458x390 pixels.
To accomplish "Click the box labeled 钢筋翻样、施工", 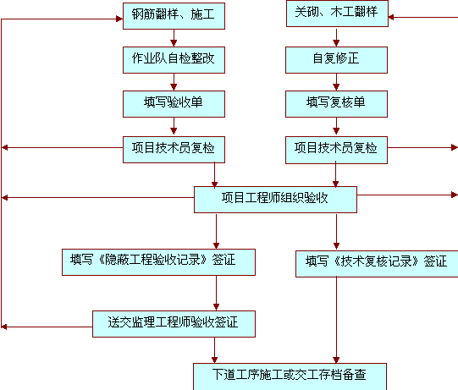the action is (x=174, y=16).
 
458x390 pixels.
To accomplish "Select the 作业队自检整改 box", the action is (x=174, y=60).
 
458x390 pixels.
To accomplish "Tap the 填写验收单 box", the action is (x=174, y=104).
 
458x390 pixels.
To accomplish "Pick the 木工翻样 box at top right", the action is (x=337, y=14).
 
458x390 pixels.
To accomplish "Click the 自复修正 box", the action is (x=336, y=60).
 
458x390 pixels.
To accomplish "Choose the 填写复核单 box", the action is (x=336, y=104).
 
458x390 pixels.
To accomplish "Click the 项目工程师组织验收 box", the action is (x=275, y=200).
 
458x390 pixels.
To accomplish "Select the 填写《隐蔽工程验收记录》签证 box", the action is (x=158, y=262).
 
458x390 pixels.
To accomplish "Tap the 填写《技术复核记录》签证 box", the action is (x=377, y=264).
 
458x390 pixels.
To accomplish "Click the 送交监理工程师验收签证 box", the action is (x=174, y=324).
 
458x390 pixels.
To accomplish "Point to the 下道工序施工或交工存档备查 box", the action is (x=290, y=376).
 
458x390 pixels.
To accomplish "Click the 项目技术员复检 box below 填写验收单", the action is (x=174, y=150).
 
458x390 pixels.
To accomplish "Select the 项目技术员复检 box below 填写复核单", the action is (x=336, y=150).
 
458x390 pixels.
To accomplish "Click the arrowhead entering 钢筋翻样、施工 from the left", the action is (x=119, y=19).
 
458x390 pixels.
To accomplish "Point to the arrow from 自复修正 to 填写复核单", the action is (x=336, y=82).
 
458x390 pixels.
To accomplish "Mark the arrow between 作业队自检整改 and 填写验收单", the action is (x=174, y=82).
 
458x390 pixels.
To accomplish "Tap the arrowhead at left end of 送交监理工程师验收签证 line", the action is (x=4, y=327).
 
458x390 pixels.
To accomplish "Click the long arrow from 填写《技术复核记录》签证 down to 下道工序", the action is (x=336, y=321).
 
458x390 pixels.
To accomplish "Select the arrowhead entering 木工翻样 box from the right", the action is (x=391, y=17).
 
